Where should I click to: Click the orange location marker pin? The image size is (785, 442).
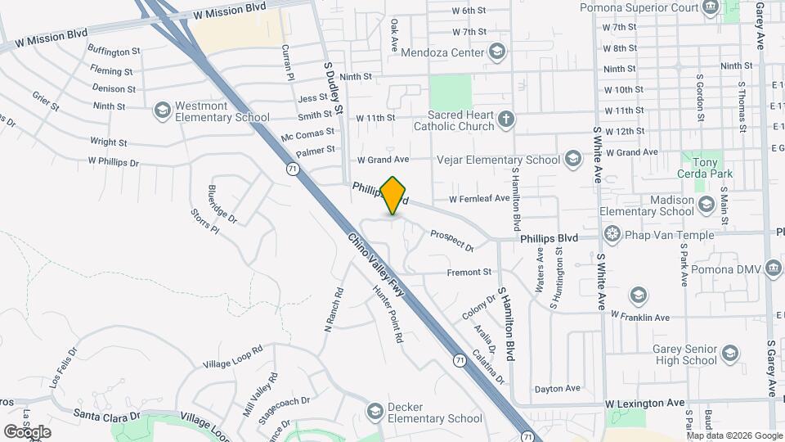click(393, 195)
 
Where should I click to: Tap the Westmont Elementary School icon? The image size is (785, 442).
click(162, 109)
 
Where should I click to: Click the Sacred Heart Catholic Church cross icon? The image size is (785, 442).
click(506, 120)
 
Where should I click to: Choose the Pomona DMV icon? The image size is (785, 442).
click(771, 269)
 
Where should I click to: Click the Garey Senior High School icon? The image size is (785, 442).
click(730, 354)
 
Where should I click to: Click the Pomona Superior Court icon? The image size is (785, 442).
click(711, 8)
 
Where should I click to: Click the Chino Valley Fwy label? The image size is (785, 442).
click(377, 267)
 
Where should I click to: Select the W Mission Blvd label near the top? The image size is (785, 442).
click(231, 15)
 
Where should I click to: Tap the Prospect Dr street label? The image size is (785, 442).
click(452, 239)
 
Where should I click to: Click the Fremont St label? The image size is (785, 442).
click(469, 272)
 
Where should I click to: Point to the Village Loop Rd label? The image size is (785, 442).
click(233, 357)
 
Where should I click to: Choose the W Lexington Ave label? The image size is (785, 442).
click(645, 404)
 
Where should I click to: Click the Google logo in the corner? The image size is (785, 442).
click(27, 431)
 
